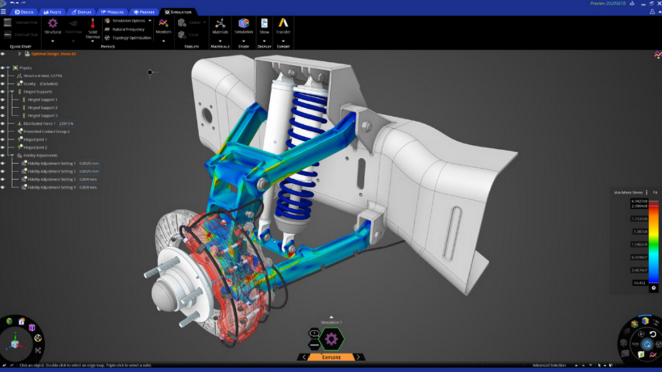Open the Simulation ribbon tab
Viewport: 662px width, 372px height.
[x=178, y=11]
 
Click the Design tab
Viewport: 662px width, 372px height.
[x=24, y=11]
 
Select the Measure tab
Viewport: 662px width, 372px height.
[x=112, y=11]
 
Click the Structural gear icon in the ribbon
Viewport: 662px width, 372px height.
[x=53, y=23]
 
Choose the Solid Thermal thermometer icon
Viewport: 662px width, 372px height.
[x=93, y=24]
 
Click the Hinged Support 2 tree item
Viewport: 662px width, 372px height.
[x=42, y=108]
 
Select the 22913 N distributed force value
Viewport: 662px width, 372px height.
[x=66, y=124]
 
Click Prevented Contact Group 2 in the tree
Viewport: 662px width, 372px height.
[x=46, y=132]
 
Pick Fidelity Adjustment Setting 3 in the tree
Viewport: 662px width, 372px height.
[x=51, y=179]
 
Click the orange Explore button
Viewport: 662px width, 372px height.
[x=331, y=357]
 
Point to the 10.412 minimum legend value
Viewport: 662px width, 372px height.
[x=639, y=283]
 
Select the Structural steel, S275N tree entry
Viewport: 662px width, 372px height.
[x=42, y=76]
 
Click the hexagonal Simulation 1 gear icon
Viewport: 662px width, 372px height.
[x=331, y=340]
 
